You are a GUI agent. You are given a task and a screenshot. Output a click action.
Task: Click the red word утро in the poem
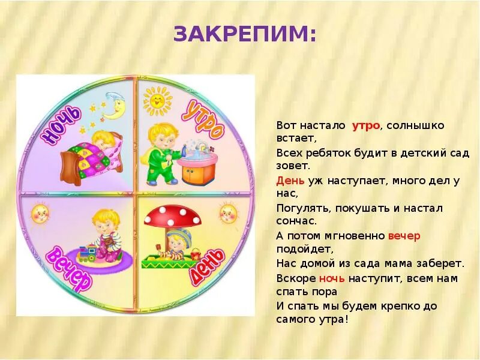365,125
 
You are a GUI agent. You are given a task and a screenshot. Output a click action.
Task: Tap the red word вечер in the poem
404,236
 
